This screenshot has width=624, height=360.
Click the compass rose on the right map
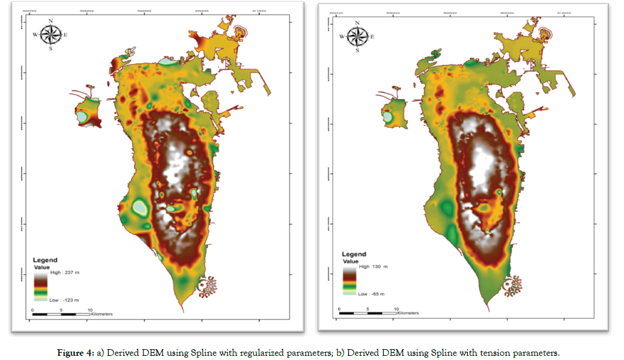tap(357, 37)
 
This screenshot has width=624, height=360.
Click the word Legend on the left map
tap(45, 260)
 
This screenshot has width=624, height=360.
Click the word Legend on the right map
tap(354, 254)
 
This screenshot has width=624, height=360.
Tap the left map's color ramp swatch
tap(40, 285)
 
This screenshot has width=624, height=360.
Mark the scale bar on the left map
tap(61, 314)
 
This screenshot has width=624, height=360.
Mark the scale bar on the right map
tap(368, 313)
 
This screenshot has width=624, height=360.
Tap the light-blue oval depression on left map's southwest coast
tap(139, 208)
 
